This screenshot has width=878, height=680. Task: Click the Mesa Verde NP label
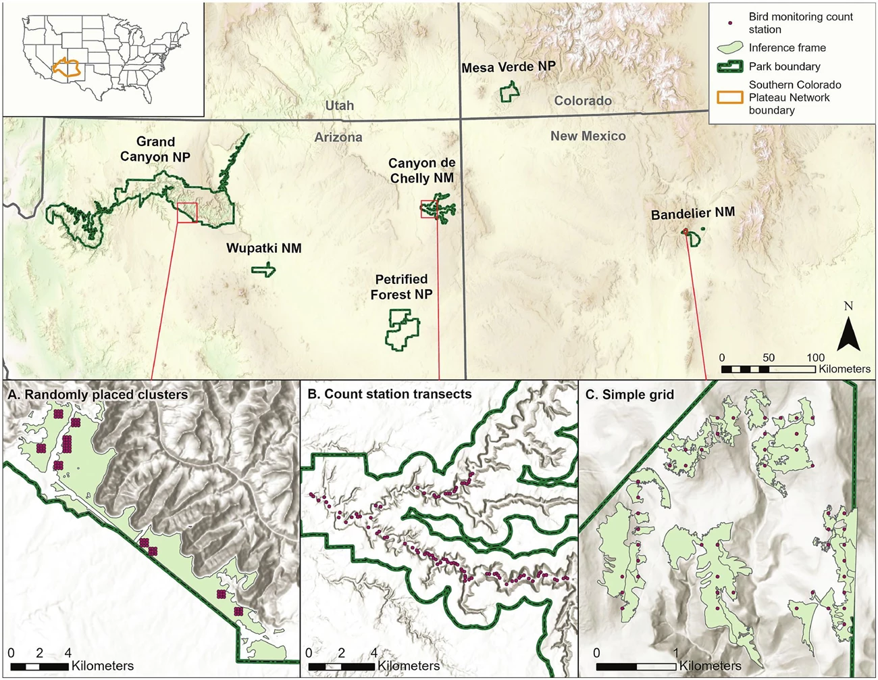coord(508,67)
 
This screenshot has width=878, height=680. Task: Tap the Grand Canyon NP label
coord(155,149)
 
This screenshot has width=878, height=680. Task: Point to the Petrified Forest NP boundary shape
coord(402,329)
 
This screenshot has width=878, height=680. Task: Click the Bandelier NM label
coord(692,214)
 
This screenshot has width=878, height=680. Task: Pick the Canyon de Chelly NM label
coord(421,170)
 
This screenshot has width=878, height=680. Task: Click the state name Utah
coord(339,105)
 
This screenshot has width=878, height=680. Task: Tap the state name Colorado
coord(583,101)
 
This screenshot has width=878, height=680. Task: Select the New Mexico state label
coord(588,136)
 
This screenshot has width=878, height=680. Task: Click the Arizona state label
coord(338,137)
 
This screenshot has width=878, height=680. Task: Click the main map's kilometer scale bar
coord(768,370)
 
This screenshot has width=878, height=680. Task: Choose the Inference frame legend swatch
coord(729,48)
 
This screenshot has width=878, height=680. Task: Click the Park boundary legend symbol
coord(729,66)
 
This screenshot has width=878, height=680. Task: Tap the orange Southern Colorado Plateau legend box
coord(729,97)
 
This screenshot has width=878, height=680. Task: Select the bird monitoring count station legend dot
coord(730,23)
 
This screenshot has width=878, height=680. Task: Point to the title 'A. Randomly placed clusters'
coord(98,395)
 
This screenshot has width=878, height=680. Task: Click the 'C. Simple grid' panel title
coord(629,395)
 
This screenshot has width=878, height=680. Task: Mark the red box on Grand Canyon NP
coord(187,212)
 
